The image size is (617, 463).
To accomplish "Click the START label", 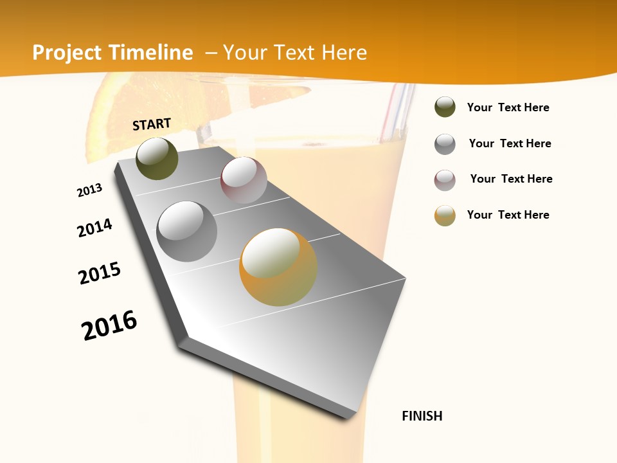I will click(152, 123).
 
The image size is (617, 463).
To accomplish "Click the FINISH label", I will click(422, 416).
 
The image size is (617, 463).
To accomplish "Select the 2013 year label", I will click(89, 190).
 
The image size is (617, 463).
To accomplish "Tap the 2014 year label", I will click(94, 228).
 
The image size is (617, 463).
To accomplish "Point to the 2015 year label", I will click(100, 273).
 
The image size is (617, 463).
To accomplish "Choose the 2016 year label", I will click(109, 325).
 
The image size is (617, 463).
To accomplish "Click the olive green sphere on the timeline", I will click(157, 158).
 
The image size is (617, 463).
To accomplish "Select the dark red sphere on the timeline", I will click(244, 180).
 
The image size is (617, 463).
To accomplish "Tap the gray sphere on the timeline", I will click(186, 232).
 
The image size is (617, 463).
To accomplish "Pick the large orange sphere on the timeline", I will click(278, 267).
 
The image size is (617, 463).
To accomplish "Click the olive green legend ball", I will click(445, 107).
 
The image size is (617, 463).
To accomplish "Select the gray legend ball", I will click(445, 144).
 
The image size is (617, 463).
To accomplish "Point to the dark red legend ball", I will click(445, 180).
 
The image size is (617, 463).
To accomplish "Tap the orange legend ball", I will click(445, 215).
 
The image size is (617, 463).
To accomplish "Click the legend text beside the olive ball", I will click(508, 107).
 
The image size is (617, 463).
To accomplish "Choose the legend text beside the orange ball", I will click(508, 215).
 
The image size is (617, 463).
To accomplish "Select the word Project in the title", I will click(67, 53).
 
